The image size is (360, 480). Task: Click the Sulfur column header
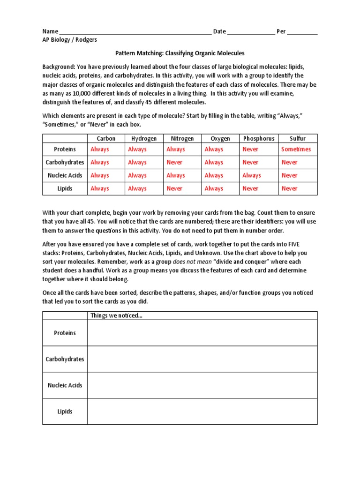point(297,138)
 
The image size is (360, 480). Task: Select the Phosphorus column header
point(259,138)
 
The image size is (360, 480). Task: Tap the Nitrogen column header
point(182,138)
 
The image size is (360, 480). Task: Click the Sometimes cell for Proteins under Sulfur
point(296,149)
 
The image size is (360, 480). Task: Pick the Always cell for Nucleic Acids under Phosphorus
point(252,175)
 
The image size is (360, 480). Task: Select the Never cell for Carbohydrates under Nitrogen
point(174,162)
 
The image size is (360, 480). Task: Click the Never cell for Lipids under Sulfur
point(289,188)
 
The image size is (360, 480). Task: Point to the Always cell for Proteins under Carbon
point(99,149)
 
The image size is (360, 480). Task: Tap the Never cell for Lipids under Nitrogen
point(174,188)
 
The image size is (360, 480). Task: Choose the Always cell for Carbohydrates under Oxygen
point(214,162)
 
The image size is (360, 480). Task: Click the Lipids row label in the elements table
point(65,188)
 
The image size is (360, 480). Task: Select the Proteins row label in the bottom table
point(65,333)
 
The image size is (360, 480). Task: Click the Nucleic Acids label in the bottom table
point(65,385)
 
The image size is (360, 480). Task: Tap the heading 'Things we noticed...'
point(116,315)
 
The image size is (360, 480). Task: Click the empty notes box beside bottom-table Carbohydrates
point(202,359)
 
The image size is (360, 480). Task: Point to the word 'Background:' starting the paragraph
point(59,67)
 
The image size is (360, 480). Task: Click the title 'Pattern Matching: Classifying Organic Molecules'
point(180,53)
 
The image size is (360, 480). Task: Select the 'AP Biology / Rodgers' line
point(70,40)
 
